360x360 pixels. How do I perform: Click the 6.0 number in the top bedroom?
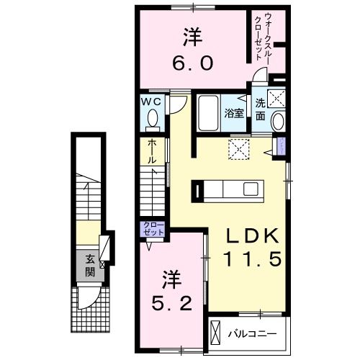point(192,63)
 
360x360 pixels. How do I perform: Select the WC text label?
point(152,102)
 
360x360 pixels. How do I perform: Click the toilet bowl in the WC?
point(152,120)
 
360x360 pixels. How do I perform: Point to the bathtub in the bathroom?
point(208,113)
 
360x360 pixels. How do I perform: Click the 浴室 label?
point(233,113)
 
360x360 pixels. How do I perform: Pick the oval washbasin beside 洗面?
point(279,122)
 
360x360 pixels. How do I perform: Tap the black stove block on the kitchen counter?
point(197,191)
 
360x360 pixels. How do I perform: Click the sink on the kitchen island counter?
point(251,190)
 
